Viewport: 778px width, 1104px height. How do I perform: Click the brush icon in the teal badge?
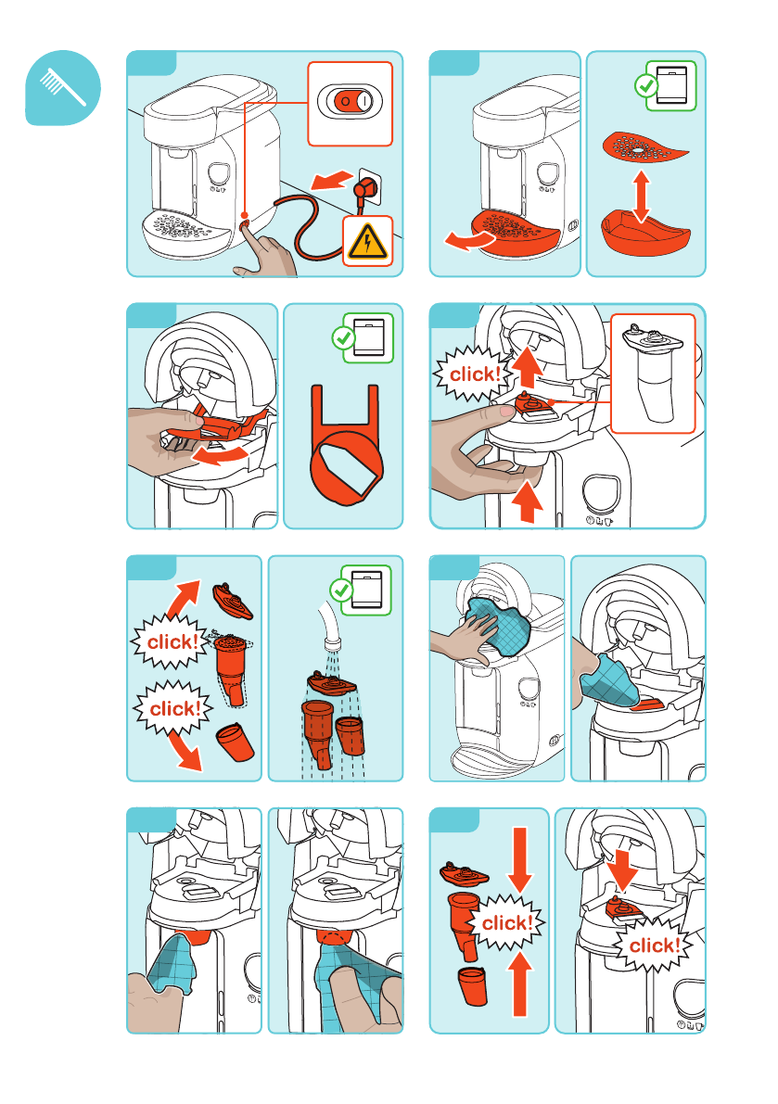coord(62,87)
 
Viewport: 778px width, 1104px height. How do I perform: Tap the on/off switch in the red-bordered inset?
coord(350,102)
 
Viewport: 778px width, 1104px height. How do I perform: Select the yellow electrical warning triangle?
coord(367,242)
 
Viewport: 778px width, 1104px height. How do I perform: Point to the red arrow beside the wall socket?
coord(332,180)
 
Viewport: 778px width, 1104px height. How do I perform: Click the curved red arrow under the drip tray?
coord(469,241)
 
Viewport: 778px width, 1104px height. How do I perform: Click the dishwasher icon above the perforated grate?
coord(671,85)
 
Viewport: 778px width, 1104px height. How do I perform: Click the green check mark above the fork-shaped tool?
coord(343,338)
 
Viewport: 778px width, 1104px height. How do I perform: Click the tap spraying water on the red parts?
coord(329,625)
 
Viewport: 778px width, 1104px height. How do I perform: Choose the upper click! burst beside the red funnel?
coord(172,641)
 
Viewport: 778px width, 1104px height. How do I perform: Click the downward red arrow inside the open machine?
coord(621,869)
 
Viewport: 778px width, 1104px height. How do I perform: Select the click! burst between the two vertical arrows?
coord(506,922)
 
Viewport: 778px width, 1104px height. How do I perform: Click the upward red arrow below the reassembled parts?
coord(519,983)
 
